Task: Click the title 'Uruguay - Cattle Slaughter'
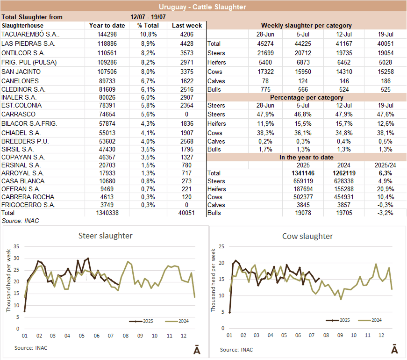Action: click(202, 7)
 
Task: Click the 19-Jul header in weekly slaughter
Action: click(388, 34)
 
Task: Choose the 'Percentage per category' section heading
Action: click(306, 97)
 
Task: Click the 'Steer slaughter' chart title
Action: click(105, 236)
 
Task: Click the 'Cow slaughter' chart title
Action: click(307, 236)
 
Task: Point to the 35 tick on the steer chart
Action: click(17, 246)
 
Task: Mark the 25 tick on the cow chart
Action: click(222, 246)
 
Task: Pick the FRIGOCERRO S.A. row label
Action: click(28, 205)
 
